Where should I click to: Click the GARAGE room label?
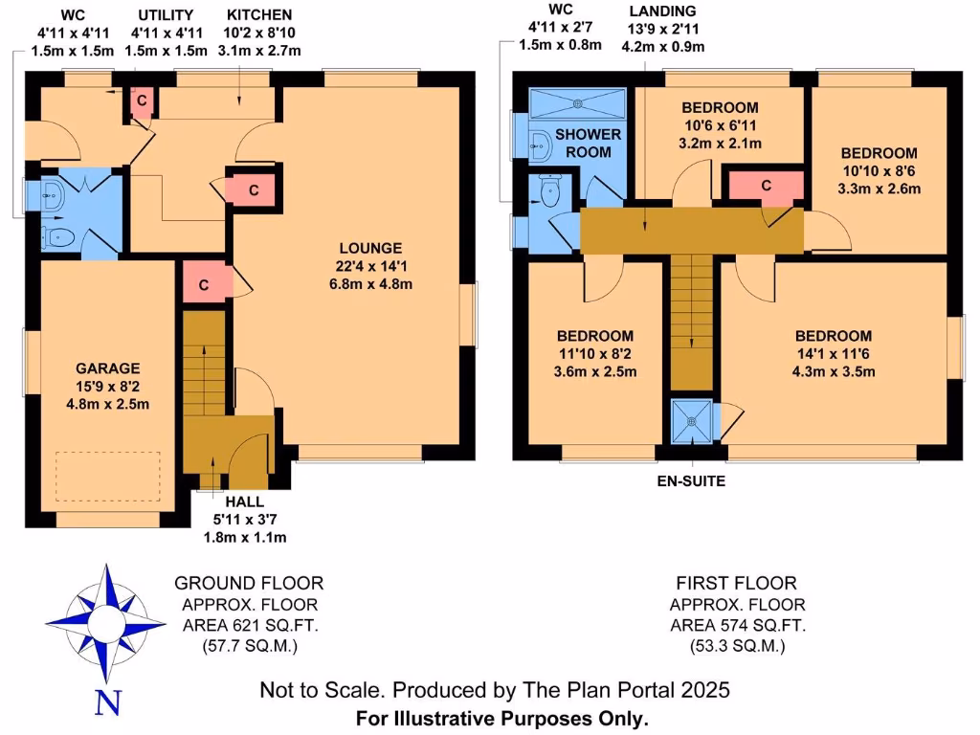(108, 368)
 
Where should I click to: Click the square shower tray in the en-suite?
(692, 420)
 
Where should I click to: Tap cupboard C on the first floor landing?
(766, 186)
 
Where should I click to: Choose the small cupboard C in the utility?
(141, 100)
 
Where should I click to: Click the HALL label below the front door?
(244, 501)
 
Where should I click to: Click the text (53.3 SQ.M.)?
(737, 646)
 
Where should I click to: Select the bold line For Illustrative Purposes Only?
(502, 717)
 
